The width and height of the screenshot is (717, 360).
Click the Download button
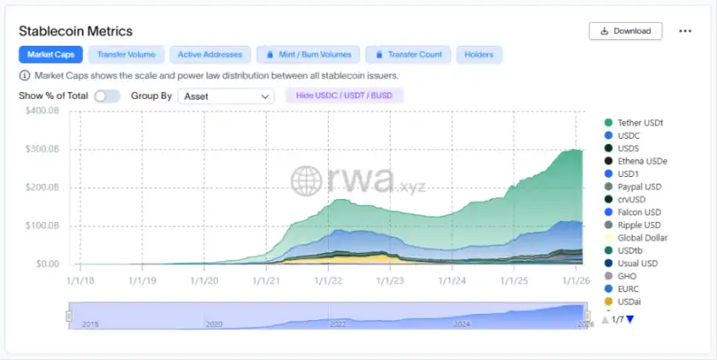click(625, 31)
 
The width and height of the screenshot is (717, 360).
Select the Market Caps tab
click(51, 54)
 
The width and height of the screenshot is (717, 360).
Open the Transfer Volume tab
click(126, 54)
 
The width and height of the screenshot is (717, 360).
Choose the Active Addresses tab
click(210, 54)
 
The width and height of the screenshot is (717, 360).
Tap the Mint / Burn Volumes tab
click(308, 54)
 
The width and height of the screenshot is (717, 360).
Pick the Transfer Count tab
click(408, 54)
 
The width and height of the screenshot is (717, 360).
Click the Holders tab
click(479, 54)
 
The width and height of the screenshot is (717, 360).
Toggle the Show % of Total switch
click(107, 96)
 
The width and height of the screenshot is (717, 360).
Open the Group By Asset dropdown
click(225, 96)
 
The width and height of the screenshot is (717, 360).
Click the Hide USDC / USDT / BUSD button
click(344, 95)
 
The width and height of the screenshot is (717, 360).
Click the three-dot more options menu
click(685, 31)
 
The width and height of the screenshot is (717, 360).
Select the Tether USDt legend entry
click(640, 123)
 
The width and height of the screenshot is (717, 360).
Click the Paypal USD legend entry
click(639, 186)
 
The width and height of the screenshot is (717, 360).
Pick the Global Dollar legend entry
click(642, 237)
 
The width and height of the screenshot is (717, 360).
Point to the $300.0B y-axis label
click(42, 149)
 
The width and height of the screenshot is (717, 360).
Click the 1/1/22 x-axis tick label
click(329, 278)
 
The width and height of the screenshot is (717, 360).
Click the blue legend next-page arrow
click(631, 319)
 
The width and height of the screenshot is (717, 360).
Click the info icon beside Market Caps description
click(24, 75)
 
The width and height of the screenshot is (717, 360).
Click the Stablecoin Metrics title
click(76, 31)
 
